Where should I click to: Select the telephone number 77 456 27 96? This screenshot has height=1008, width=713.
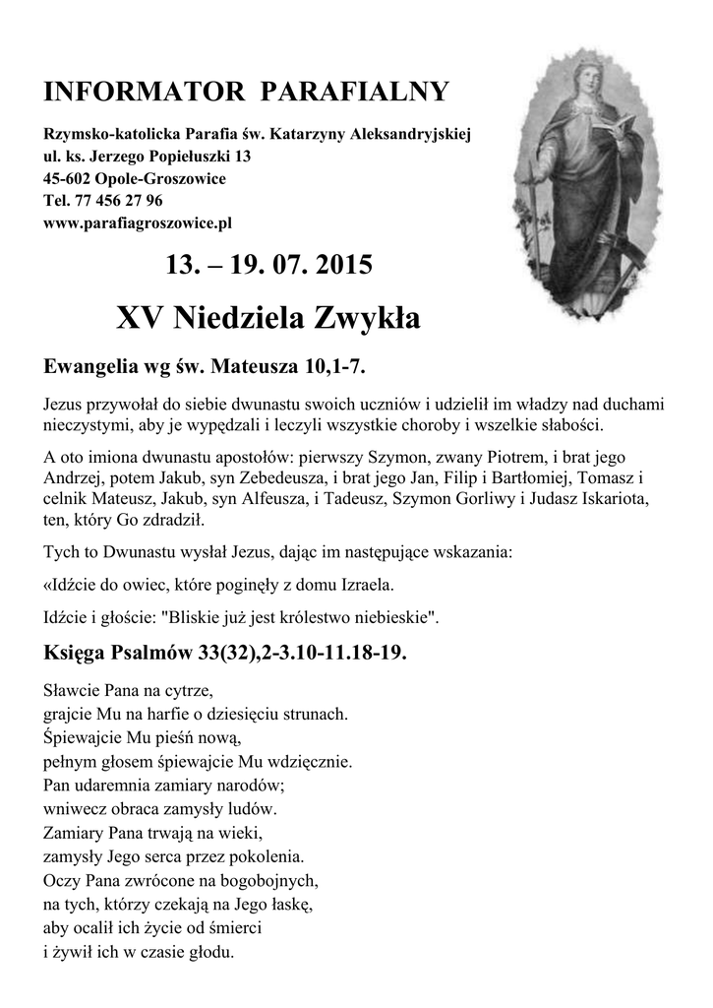pos(113,200)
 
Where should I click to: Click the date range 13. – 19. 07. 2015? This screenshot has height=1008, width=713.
pos(269,265)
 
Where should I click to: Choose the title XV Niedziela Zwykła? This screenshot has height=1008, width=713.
pos(267,318)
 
